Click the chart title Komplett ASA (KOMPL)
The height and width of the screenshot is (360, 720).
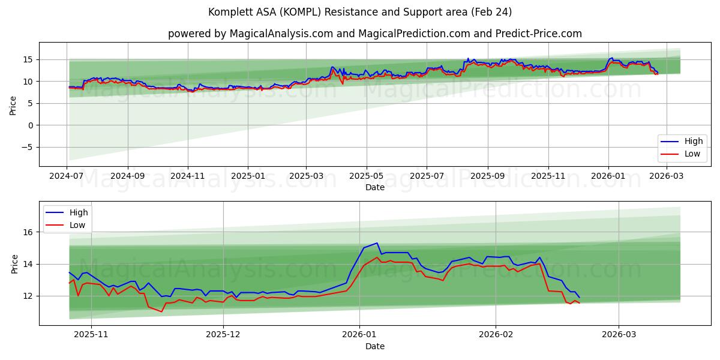(359, 12)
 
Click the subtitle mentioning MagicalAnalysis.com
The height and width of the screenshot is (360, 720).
(374, 34)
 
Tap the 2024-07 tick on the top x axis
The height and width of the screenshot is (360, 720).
(67, 176)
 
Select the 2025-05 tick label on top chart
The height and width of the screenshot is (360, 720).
(366, 176)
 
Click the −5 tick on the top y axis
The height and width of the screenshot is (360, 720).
(27, 148)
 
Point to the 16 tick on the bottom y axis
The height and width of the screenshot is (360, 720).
(28, 232)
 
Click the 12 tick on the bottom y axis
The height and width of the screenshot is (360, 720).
(28, 296)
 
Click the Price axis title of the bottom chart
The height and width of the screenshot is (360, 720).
(14, 263)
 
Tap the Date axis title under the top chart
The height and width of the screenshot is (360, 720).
(374, 187)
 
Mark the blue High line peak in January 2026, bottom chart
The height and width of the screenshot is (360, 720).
(377, 243)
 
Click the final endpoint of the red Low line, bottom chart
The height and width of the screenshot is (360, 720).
(579, 303)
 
